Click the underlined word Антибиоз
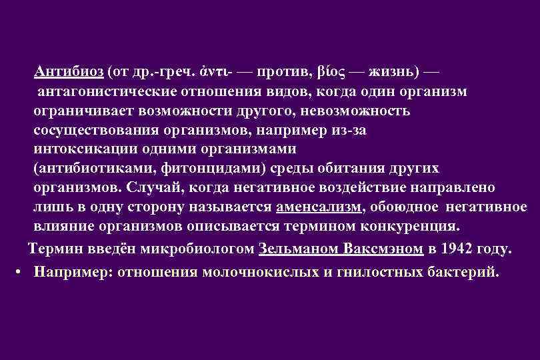point(67,71)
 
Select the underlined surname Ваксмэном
point(383,250)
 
